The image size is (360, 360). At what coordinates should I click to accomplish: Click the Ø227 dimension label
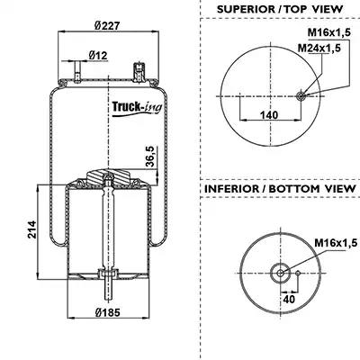(107, 25)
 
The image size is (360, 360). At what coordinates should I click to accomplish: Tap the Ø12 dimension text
(98, 55)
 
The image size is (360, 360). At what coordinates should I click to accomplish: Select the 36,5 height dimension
(150, 157)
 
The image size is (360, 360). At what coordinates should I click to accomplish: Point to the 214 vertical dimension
(31, 229)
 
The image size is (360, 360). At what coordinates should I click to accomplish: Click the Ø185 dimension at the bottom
(108, 312)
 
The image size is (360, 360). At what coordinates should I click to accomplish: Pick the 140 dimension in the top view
(269, 114)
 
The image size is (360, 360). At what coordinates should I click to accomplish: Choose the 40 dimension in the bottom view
(289, 299)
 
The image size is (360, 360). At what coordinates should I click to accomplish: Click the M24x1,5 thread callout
(319, 48)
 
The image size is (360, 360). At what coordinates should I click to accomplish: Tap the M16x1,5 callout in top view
(329, 32)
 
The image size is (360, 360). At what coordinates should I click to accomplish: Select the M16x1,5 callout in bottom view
(336, 242)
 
